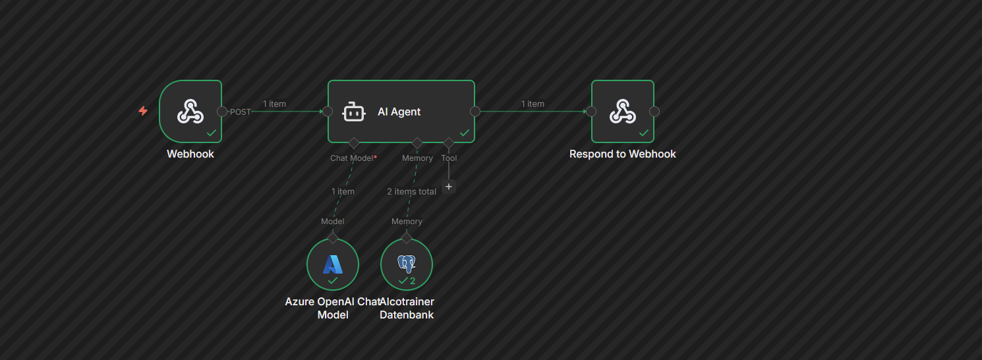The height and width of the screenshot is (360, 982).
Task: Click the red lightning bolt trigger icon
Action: [x=143, y=111]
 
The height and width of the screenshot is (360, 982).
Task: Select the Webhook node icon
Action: [x=190, y=111]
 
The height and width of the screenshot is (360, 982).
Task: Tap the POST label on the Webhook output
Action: [x=240, y=112]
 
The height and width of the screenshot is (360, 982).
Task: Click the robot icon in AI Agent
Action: [x=354, y=112]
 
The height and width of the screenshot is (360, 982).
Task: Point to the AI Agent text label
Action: [x=399, y=112]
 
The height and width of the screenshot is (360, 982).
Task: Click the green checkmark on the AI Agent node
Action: [x=465, y=133]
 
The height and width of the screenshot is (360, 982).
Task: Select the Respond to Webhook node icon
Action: [x=622, y=111]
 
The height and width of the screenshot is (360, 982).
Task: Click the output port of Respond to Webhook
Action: [x=654, y=111]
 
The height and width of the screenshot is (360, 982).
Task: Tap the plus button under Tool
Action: [x=449, y=187]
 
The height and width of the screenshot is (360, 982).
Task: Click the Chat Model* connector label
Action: [x=354, y=158]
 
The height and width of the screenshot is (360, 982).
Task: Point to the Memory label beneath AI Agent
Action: [x=417, y=158]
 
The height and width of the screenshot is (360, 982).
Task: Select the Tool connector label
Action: [x=449, y=158]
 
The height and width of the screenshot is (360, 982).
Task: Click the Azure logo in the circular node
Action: [x=333, y=264]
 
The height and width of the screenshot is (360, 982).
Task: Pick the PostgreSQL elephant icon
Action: [x=407, y=264]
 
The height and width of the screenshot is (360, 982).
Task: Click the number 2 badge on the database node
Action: [x=413, y=281]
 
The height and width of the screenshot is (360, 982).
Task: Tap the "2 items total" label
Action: [x=411, y=191]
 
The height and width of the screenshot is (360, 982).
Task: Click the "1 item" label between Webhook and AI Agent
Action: [x=274, y=104]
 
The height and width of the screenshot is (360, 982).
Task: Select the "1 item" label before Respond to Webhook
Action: [x=533, y=104]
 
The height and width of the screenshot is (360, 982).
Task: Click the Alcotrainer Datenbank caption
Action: [x=407, y=308]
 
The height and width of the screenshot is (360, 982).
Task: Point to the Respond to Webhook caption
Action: [x=623, y=154]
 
